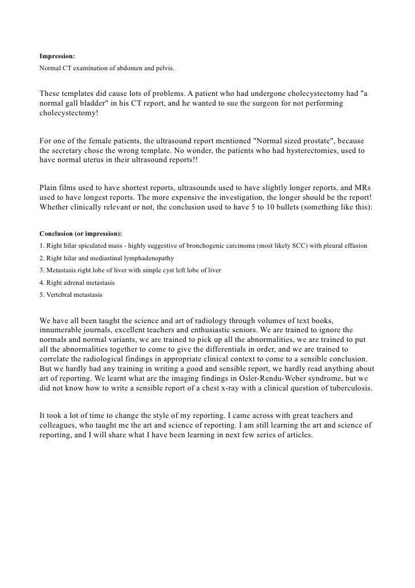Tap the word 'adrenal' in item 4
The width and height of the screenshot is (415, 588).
coord(72,282)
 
